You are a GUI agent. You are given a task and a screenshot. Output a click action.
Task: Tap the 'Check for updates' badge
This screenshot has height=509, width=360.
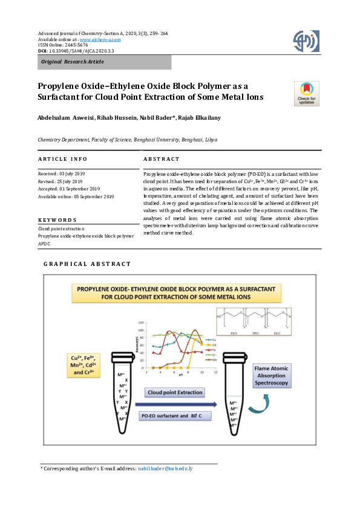point(306,93)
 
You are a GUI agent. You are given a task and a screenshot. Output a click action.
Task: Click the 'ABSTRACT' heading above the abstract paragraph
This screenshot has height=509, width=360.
point(161,159)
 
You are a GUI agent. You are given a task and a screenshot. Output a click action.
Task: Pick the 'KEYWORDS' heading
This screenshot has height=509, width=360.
point(57,220)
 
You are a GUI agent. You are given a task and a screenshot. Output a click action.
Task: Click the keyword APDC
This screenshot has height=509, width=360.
point(45,244)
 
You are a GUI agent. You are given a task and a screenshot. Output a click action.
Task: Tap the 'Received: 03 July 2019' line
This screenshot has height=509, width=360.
point(61,173)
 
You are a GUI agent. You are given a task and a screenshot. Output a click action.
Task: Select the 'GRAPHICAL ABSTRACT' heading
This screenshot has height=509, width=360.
point(87,264)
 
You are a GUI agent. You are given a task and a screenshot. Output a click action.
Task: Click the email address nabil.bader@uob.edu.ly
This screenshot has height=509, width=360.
point(165,468)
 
